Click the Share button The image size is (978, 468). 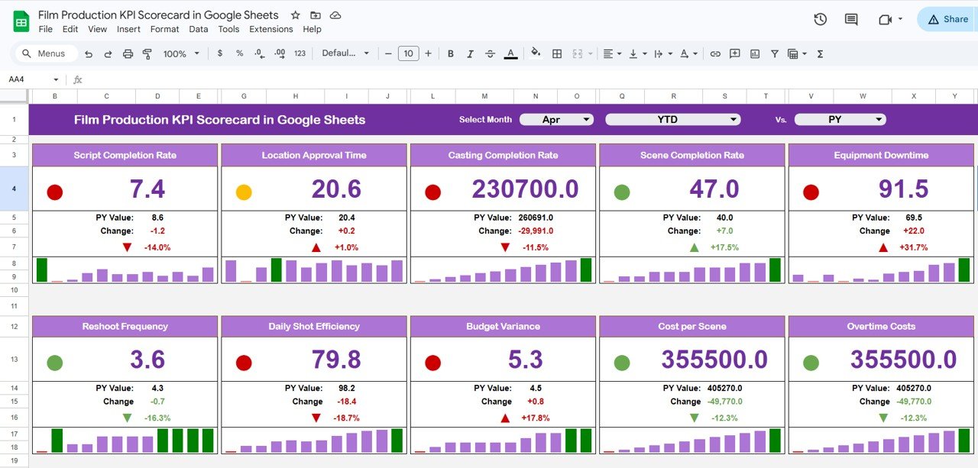coord(947,20)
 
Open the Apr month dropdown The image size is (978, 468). coord(556,120)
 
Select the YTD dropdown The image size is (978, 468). coord(672,120)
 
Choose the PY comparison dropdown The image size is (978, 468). coord(840,120)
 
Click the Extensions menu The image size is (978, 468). coord(271,29)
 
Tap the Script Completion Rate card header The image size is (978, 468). coord(125,155)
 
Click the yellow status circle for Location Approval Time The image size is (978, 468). coord(244,192)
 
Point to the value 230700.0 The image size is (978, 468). coord(525,189)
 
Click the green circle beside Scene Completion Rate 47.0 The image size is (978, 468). coord(622,192)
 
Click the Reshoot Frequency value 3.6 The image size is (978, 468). coord(147,360)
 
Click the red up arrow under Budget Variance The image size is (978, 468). coord(504,418)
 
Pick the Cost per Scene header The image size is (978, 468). coord(691,326)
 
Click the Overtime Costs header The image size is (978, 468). coord(881,326)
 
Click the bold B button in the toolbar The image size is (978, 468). coord(451,53)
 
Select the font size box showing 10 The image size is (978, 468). coord(408,53)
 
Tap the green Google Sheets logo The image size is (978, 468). coord(21,21)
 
